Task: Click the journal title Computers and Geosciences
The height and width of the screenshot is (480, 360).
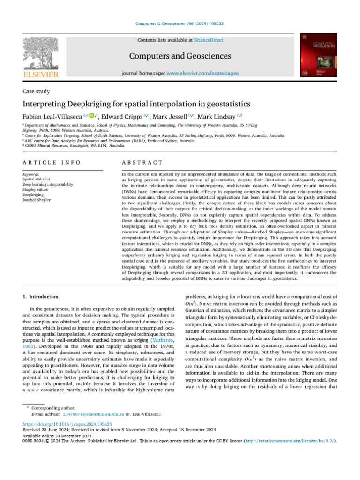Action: pos(180,57)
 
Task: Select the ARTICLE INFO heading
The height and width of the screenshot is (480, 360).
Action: pos(52,162)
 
